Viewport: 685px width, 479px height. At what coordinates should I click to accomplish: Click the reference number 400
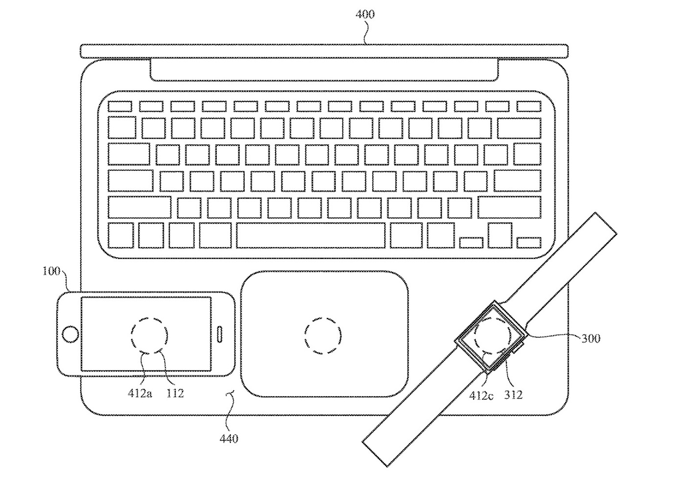[365, 14]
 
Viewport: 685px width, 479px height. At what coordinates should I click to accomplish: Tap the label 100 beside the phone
[51, 271]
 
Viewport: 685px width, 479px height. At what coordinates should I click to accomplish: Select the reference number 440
[229, 439]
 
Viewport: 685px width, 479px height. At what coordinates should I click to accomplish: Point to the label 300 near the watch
[591, 339]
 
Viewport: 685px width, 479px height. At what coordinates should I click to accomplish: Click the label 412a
[140, 393]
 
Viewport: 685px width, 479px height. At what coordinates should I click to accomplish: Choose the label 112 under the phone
[175, 393]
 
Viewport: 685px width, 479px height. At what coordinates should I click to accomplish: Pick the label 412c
[481, 396]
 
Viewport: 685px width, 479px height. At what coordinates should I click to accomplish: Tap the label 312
[513, 395]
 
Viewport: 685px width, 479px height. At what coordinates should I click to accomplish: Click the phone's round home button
[70, 334]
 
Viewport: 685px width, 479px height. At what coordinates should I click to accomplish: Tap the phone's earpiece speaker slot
[220, 334]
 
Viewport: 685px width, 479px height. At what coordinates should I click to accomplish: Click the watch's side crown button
[518, 348]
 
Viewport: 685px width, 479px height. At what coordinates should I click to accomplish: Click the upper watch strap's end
[606, 223]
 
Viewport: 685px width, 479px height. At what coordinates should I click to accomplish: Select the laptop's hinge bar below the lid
[324, 70]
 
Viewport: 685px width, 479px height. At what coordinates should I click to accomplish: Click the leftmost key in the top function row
[120, 107]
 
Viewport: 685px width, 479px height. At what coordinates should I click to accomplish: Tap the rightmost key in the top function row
[529, 107]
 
